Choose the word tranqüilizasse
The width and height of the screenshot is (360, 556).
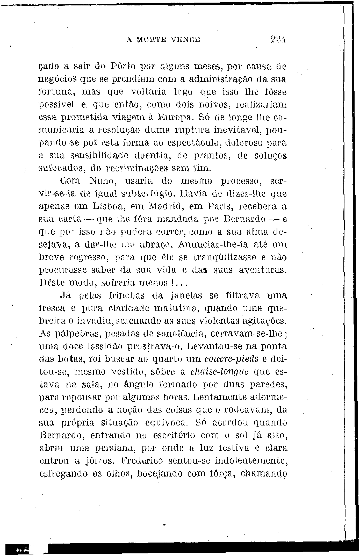tap(225, 258)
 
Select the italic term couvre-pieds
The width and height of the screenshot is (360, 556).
tap(231, 359)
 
